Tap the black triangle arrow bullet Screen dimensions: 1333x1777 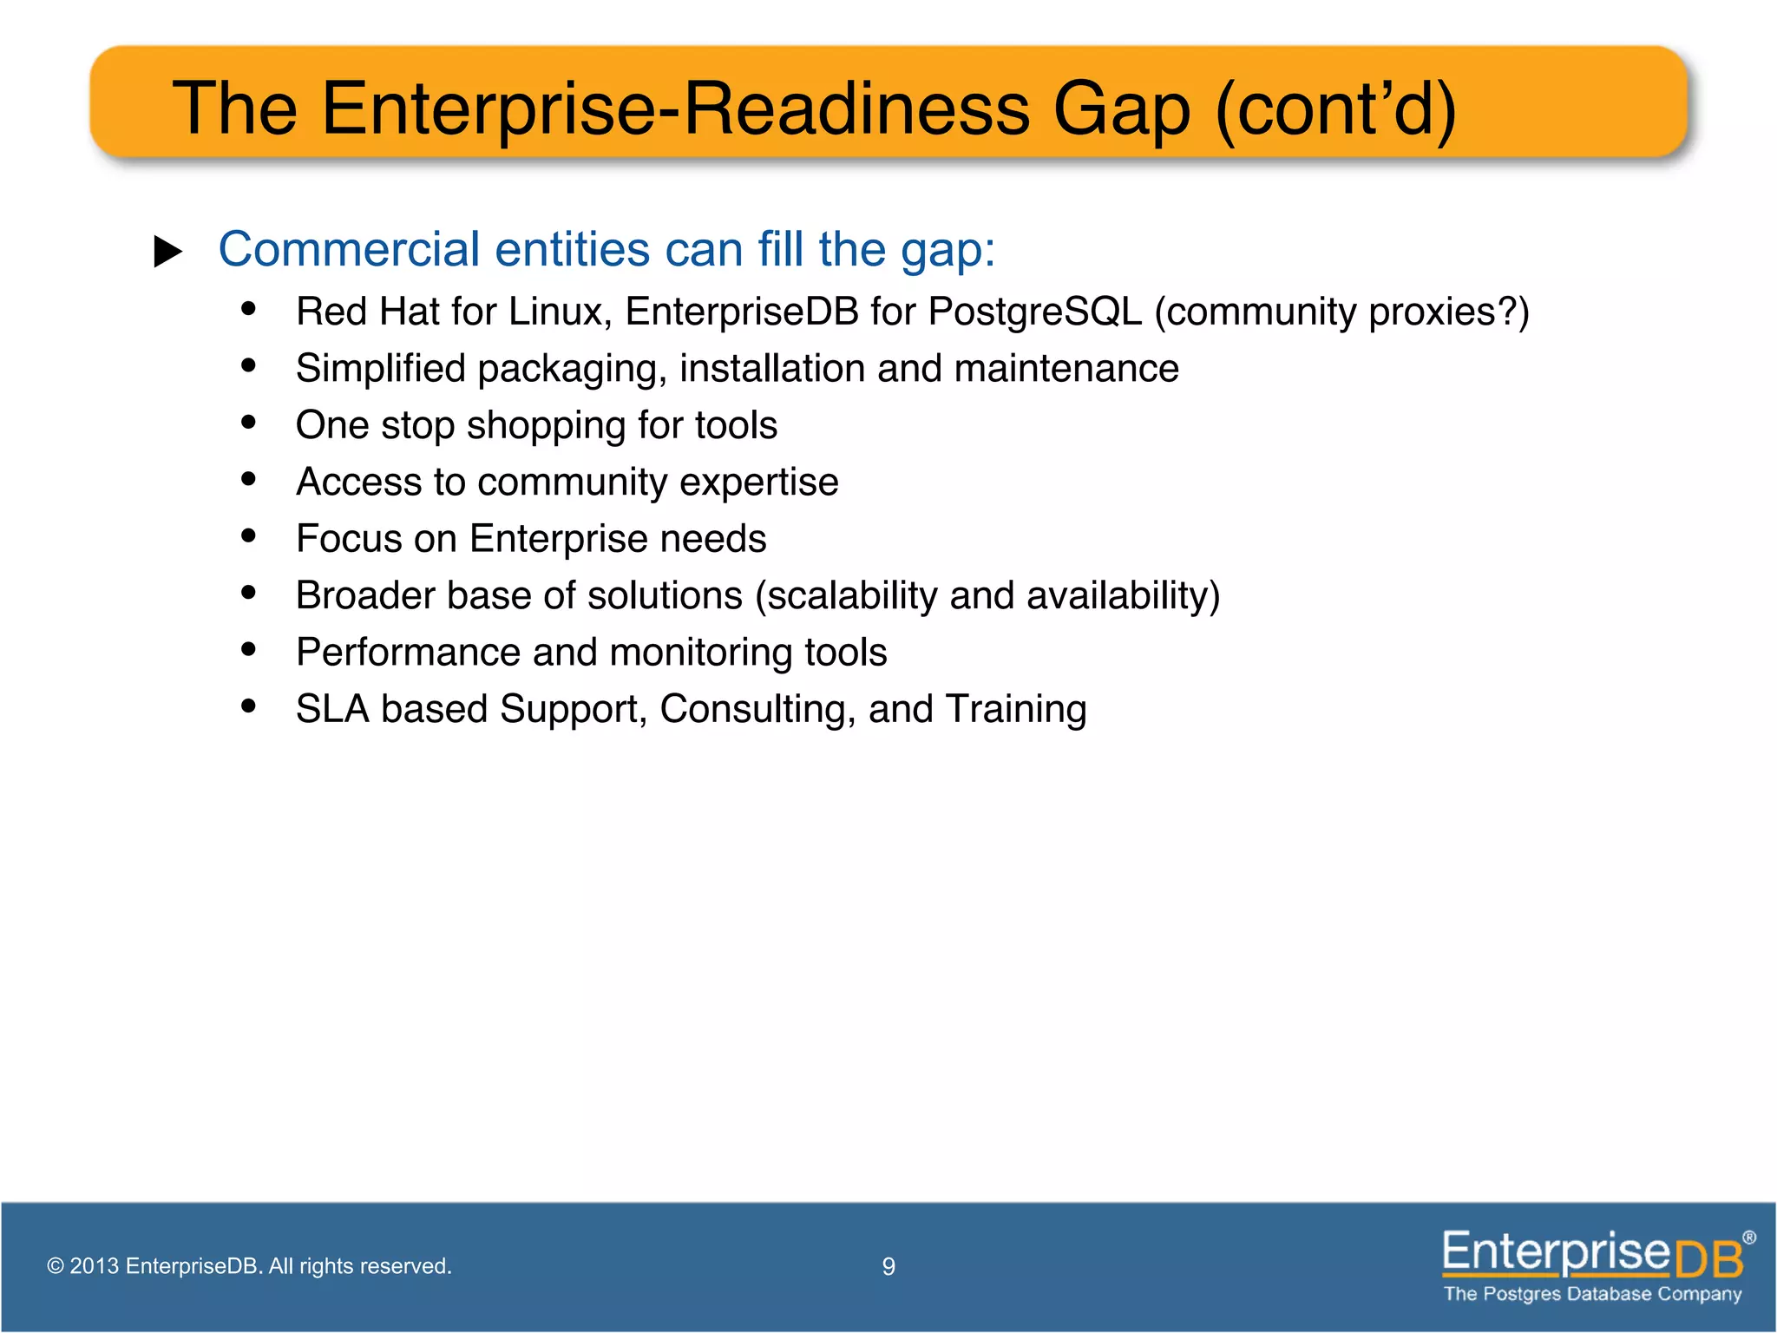pos(167,252)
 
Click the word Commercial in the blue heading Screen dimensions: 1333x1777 pos(349,250)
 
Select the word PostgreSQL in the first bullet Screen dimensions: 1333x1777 pos(1034,312)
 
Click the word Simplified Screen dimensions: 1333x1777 pos(381,369)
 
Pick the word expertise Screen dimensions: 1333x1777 pos(758,483)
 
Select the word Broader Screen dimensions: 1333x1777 pos(365,596)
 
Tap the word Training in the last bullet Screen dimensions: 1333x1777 pos(1015,710)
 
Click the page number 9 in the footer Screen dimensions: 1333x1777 pos(888,1267)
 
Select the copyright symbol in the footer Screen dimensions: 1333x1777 pos(56,1266)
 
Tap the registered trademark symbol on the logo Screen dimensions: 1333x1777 pos(1749,1238)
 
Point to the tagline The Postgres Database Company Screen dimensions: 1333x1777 pos(1592,1294)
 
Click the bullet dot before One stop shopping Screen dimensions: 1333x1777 pos(249,423)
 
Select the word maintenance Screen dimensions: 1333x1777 pos(1066,369)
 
